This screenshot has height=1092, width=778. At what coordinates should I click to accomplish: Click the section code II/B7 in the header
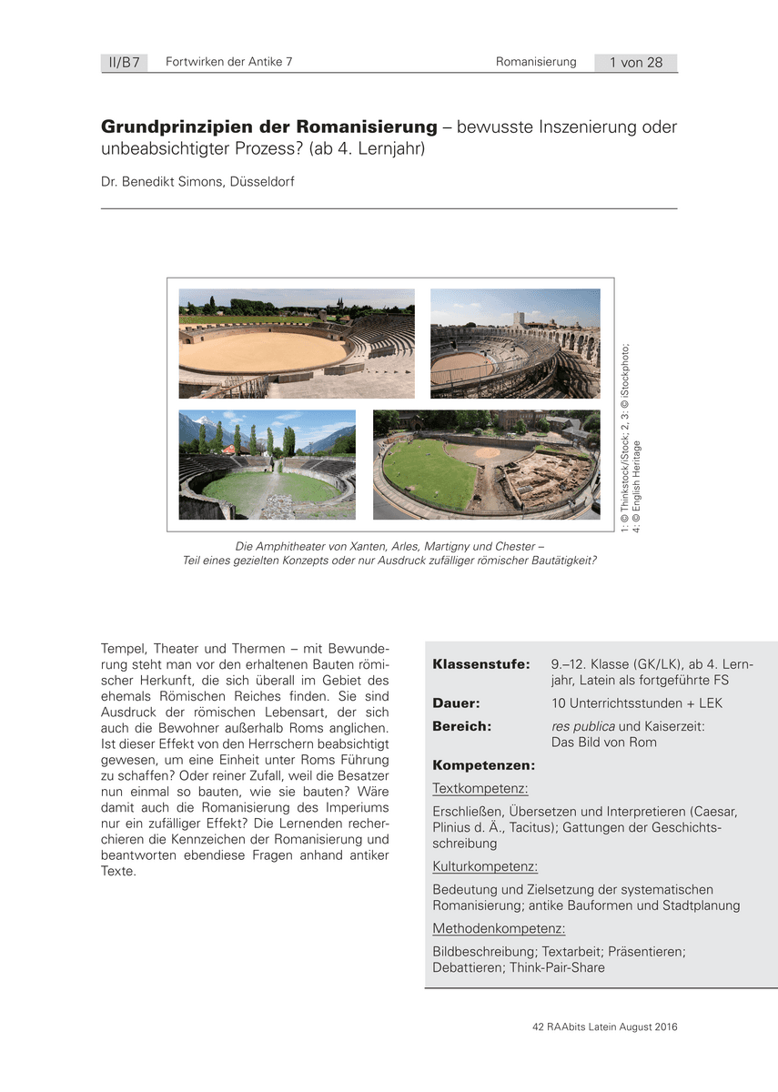coord(123,63)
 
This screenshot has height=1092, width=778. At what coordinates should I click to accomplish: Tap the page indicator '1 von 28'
coord(636,63)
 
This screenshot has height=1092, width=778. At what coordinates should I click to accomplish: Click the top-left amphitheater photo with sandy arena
coord(297,343)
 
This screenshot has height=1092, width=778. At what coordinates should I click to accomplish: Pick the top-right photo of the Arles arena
coord(515,343)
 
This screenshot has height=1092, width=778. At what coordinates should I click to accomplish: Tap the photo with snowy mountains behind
coord(267,464)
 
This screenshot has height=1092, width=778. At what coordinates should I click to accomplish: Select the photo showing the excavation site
coord(487,464)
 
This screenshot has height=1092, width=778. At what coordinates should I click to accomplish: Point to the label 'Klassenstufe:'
coord(480,664)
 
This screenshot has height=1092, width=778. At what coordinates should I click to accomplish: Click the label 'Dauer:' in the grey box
coord(457,703)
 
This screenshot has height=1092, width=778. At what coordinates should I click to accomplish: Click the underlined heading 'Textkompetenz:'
coord(480,789)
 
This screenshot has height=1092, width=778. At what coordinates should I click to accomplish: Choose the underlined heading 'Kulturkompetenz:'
coord(485,867)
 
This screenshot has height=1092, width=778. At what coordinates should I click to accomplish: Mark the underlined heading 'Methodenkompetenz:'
coord(499,928)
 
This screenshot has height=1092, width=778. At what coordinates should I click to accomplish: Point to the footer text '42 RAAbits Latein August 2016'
coord(605,1027)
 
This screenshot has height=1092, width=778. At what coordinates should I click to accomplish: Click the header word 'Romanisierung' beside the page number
coord(536,62)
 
